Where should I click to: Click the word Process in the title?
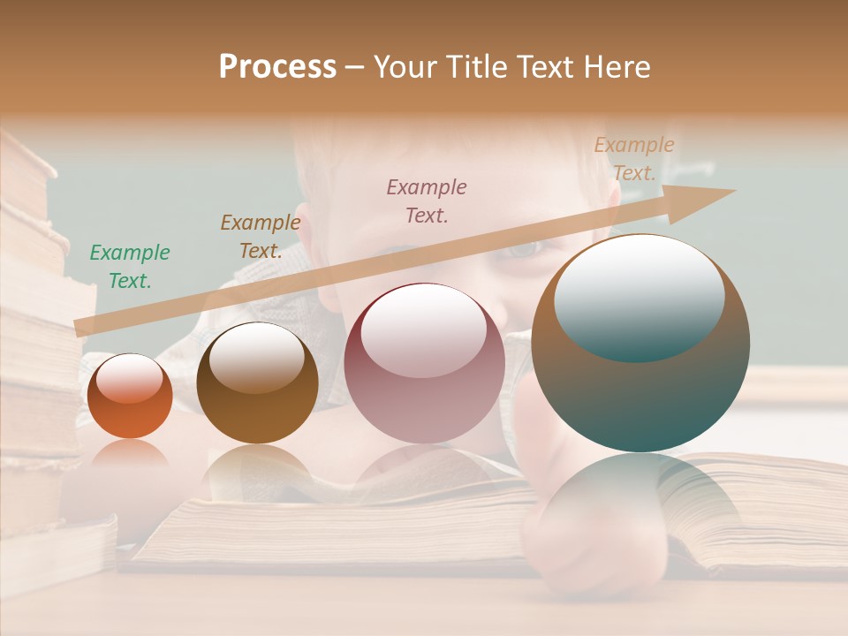point(277,67)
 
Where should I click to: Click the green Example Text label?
point(130,266)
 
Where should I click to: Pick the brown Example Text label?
point(261,236)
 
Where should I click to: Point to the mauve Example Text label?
point(427,201)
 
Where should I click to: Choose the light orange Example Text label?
point(633,159)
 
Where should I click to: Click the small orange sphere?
point(130,397)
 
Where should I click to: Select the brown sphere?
point(257,382)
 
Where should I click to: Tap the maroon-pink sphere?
point(424,363)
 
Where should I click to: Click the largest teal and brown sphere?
point(640,343)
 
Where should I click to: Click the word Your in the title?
point(408,67)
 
